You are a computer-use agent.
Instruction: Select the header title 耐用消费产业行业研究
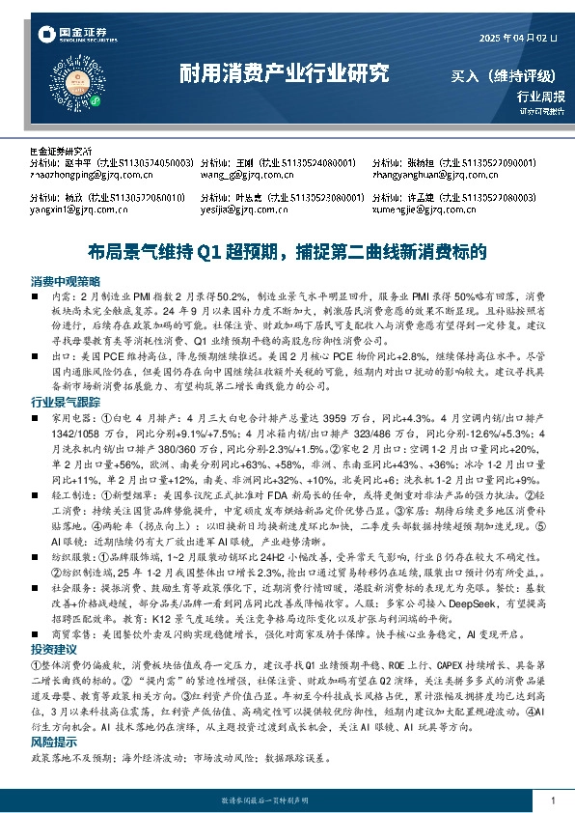pyautogui.click(x=286, y=73)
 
